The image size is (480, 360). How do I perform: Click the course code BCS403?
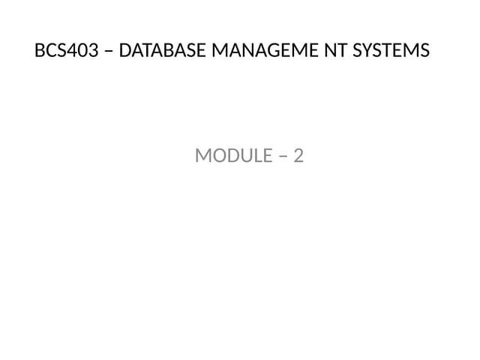click(x=67, y=50)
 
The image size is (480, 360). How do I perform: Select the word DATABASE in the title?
click(x=162, y=50)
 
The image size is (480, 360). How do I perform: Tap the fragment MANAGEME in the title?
click(x=265, y=50)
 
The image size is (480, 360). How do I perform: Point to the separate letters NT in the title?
click(x=336, y=50)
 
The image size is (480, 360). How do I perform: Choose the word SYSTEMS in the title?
click(x=391, y=50)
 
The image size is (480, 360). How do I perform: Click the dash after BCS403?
click(x=109, y=51)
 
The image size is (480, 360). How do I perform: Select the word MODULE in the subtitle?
click(x=234, y=155)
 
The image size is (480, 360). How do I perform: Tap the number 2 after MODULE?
click(x=298, y=155)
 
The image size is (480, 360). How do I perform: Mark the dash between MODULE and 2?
click(x=283, y=157)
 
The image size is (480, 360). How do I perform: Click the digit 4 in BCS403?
click(x=72, y=50)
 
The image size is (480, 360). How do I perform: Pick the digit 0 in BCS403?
click(x=83, y=50)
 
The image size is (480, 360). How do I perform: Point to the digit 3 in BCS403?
click(x=94, y=50)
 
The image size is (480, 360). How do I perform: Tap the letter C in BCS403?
click(x=51, y=50)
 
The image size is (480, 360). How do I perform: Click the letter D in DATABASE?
click(x=125, y=50)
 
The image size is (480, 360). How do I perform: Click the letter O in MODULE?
click(x=218, y=155)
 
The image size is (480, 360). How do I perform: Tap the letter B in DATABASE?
click(x=165, y=50)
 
